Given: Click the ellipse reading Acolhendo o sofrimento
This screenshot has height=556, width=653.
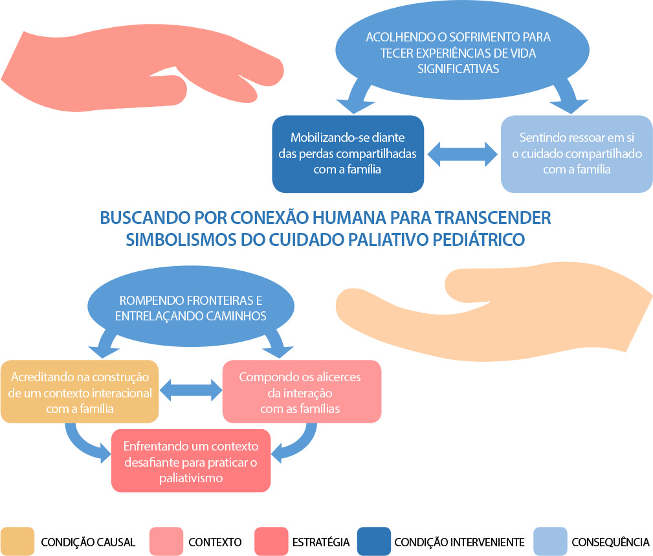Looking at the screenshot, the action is point(462,50).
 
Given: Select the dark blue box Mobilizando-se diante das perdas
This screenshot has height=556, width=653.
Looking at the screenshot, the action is point(348,153).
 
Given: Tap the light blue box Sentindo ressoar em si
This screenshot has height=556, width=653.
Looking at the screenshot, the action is point(577,153).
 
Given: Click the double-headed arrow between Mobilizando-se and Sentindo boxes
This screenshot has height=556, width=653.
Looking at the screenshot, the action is point(462,154).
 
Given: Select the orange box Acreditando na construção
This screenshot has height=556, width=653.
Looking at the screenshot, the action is point(80,392).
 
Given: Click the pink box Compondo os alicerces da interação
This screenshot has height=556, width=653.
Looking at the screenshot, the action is point(302,392).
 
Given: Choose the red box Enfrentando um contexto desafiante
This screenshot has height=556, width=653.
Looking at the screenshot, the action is point(191,461).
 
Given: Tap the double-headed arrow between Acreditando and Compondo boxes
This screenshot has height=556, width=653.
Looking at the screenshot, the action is point(191,390).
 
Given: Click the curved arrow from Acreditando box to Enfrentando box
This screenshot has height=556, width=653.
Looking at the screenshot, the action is point(79,445).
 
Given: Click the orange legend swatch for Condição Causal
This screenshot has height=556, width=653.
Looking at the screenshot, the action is point(17,541).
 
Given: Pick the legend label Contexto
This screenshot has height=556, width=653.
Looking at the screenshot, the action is point(215,542).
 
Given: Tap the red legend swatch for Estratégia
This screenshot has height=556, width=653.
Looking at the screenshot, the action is point(271,541).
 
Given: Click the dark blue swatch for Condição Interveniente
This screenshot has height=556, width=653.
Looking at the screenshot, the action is point(374,541).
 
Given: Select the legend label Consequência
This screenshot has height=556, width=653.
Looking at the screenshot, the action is point(610,542).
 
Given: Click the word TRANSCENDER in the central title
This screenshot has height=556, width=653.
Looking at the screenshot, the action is point(493,218).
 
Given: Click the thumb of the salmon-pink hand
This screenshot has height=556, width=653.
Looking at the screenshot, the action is point(166,89).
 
